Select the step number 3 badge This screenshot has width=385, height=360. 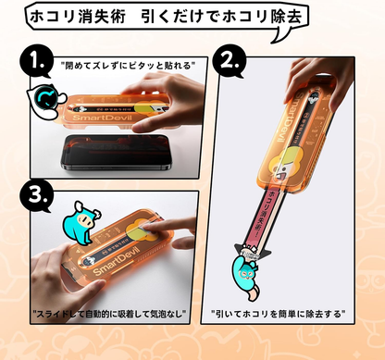pyautogui.click(x=35, y=197)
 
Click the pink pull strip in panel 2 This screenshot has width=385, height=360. pyautogui.click(x=270, y=213)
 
